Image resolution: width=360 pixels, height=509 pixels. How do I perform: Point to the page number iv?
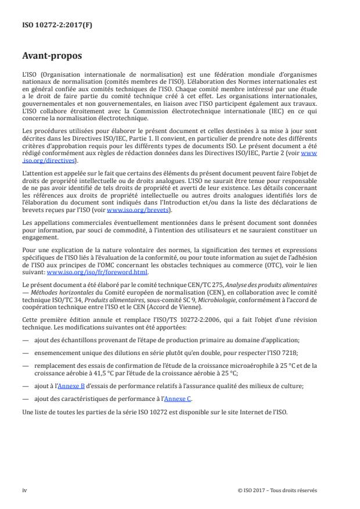(x=24, y=490)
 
